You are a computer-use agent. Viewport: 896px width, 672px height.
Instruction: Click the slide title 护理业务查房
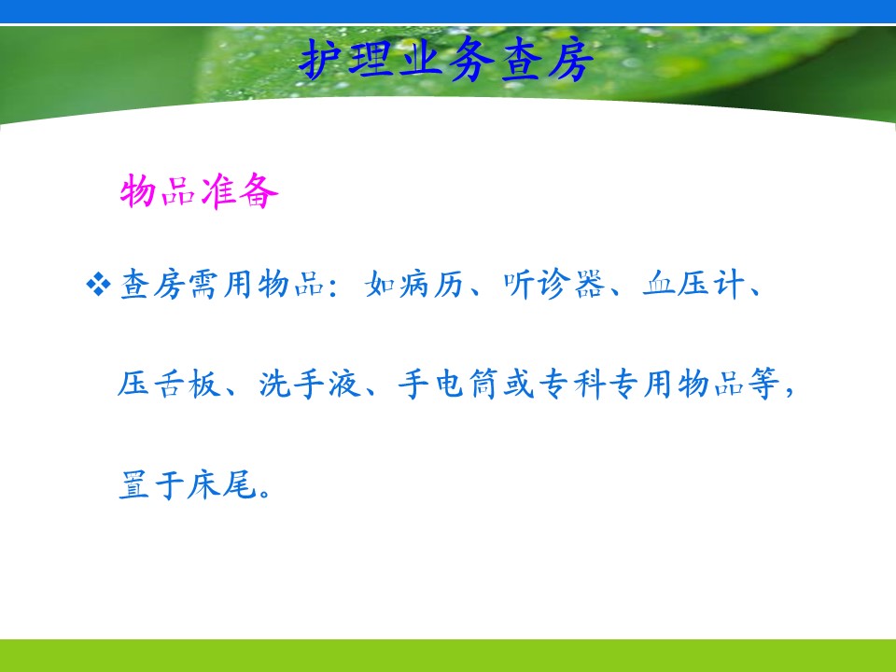[x=446, y=60]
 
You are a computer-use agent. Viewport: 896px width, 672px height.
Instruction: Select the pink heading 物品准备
[x=199, y=190]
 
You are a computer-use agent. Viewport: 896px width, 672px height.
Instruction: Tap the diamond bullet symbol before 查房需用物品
[x=98, y=285]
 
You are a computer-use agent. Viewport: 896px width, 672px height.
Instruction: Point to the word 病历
[x=431, y=284]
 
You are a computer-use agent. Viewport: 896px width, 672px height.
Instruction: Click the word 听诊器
[x=553, y=284]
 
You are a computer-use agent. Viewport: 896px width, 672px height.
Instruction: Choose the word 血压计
[x=693, y=284]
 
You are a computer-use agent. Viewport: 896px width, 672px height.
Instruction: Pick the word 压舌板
[x=169, y=384]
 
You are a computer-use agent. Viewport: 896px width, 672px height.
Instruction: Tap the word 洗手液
[x=309, y=384]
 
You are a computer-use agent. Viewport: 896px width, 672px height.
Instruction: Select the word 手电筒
[x=449, y=384]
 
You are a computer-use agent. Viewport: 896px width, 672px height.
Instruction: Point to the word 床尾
[x=222, y=484]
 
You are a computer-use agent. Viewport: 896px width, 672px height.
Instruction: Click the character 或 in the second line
[x=519, y=384]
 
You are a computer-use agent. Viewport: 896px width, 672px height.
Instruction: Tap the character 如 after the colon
[x=380, y=284]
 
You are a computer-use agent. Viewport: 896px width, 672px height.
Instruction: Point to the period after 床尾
[x=264, y=493]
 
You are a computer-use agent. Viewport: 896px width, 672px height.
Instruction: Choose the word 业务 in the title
[x=446, y=60]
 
